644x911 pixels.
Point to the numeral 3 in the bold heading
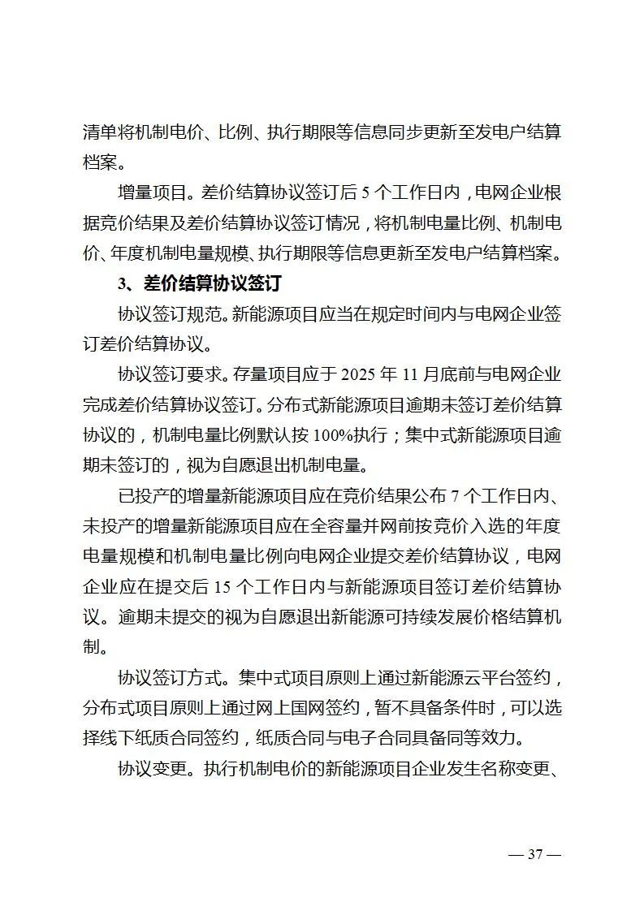coord(121,284)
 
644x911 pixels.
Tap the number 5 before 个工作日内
coord(365,193)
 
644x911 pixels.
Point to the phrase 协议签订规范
coord(169,314)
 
